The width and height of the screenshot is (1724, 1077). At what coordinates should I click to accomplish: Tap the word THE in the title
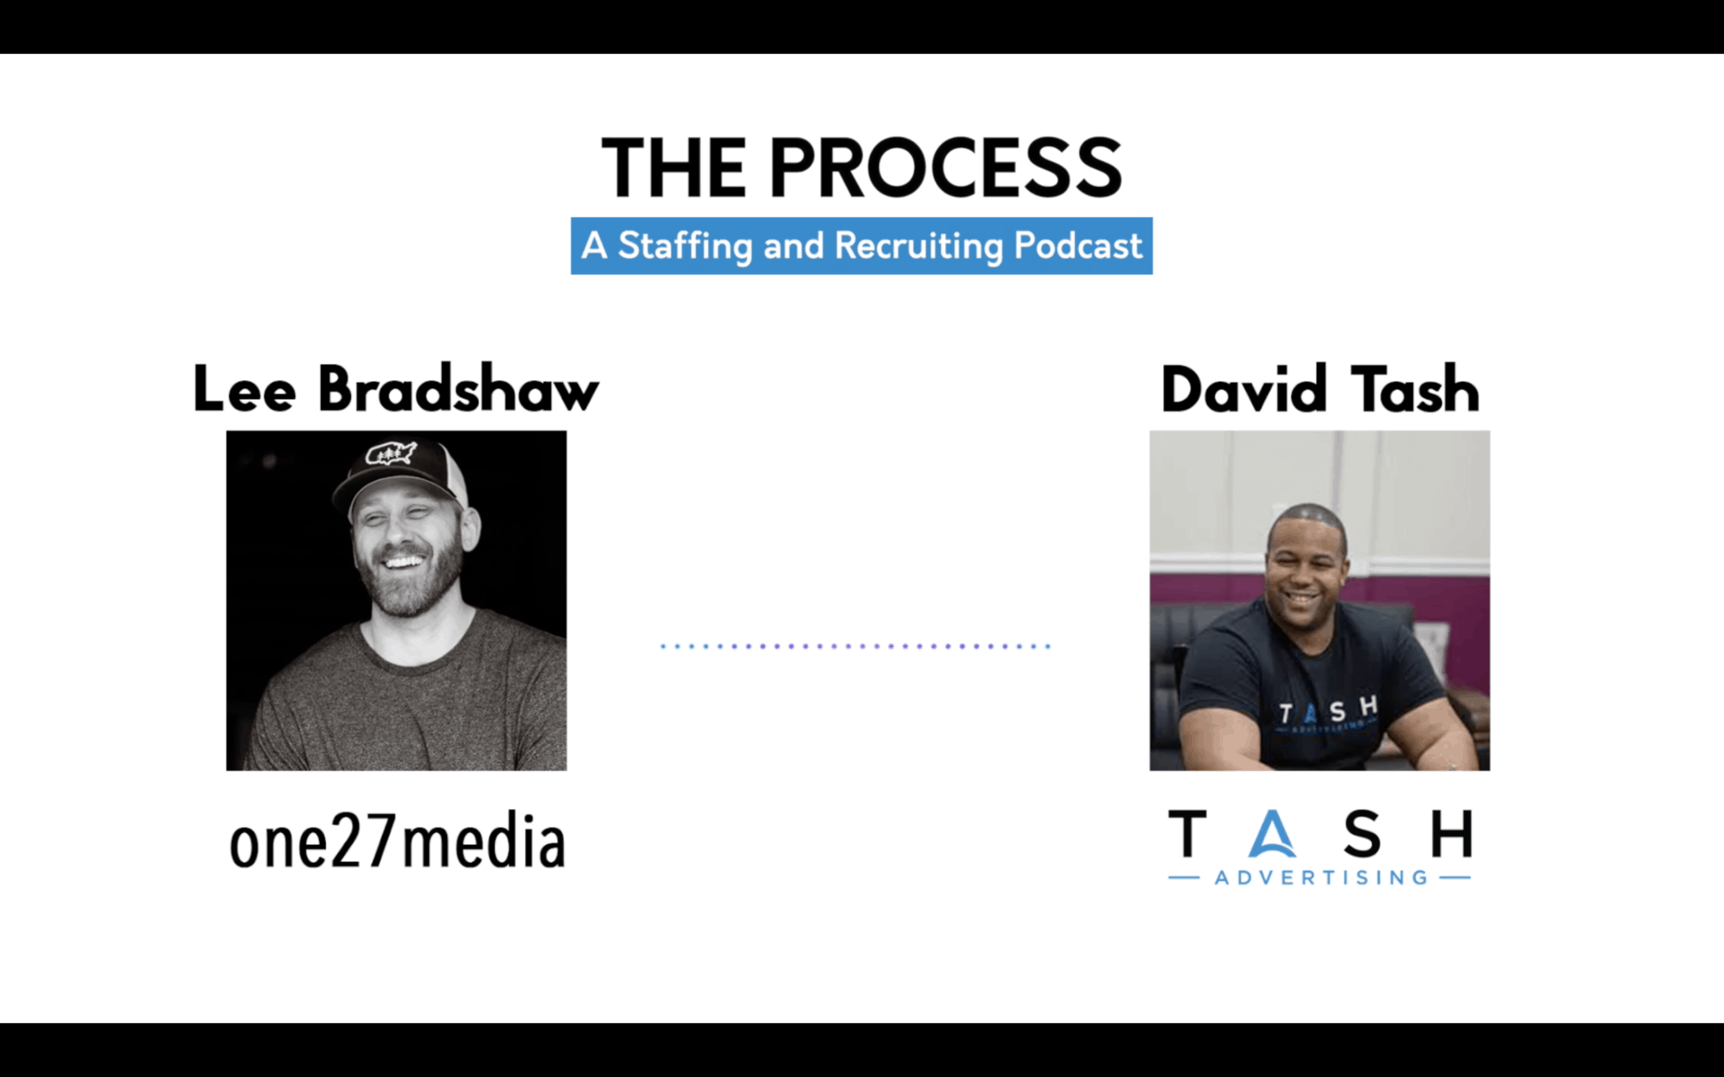click(x=673, y=168)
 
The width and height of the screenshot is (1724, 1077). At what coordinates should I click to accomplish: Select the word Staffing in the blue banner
click(x=685, y=247)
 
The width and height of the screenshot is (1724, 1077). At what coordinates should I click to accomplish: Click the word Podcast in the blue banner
click(x=1078, y=245)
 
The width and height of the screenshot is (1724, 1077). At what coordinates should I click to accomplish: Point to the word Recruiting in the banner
click(x=919, y=247)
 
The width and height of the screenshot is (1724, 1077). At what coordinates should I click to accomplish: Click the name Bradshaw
click(x=459, y=389)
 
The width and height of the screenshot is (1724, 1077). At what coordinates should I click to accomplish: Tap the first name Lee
click(x=244, y=389)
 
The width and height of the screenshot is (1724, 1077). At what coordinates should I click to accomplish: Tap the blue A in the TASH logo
click(x=1272, y=834)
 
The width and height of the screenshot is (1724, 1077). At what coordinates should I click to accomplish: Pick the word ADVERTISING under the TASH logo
click(x=1321, y=878)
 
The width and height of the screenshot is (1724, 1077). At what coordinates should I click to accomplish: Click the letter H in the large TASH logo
click(x=1452, y=833)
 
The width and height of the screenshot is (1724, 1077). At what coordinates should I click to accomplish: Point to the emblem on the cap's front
click(x=390, y=454)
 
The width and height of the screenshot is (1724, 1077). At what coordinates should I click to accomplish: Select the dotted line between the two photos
click(x=855, y=646)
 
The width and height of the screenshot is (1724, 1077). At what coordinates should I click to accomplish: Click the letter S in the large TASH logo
click(x=1362, y=834)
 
